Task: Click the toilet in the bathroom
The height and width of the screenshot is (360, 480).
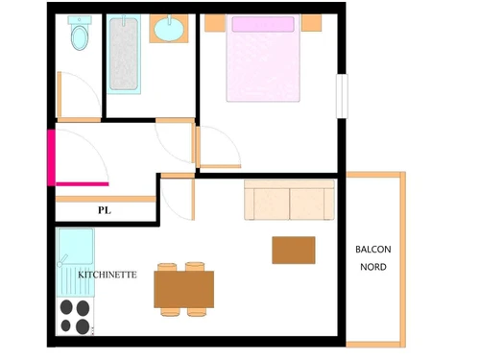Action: [79, 36]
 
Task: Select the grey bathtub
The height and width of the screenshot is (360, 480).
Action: [124, 55]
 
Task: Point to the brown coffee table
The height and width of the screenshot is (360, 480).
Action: [293, 250]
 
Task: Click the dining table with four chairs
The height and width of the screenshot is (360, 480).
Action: [183, 288]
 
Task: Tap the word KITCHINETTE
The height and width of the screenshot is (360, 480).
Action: [107, 275]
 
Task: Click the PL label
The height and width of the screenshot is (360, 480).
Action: [104, 210]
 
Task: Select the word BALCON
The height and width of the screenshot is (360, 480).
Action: [372, 250]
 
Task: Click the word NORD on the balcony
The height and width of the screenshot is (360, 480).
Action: [372, 266]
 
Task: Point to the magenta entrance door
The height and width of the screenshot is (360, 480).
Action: [51, 156]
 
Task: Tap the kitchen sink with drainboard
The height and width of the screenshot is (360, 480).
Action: [75, 248]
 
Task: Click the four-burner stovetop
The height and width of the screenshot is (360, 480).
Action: [75, 316]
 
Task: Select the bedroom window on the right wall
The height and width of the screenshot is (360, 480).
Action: [340, 96]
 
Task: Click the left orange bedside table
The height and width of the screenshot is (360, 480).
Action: [214, 24]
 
